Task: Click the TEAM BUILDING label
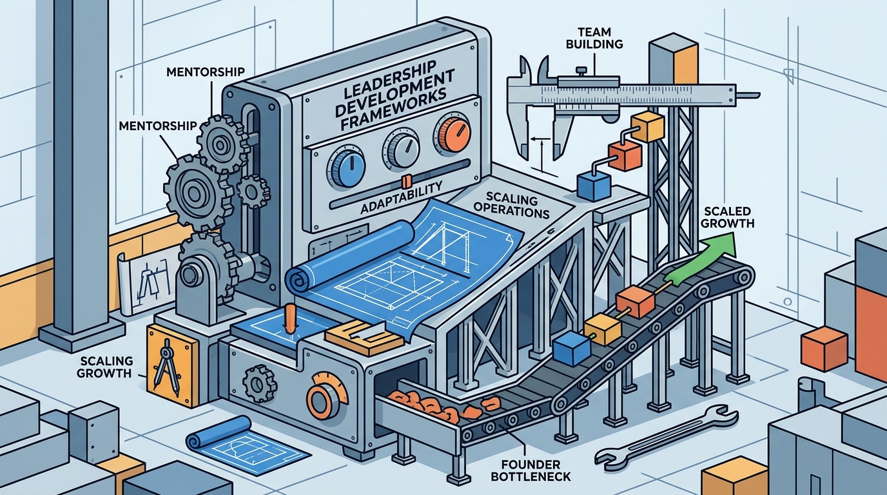(594, 37)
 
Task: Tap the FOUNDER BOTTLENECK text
(531, 470)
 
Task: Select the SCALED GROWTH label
(727, 217)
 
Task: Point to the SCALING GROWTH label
(105, 367)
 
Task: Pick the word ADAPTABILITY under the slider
(401, 197)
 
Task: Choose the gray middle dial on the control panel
(401, 148)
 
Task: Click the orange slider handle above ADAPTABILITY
(406, 181)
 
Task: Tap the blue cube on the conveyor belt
(572, 349)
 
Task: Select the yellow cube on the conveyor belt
(603, 329)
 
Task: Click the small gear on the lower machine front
(259, 383)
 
